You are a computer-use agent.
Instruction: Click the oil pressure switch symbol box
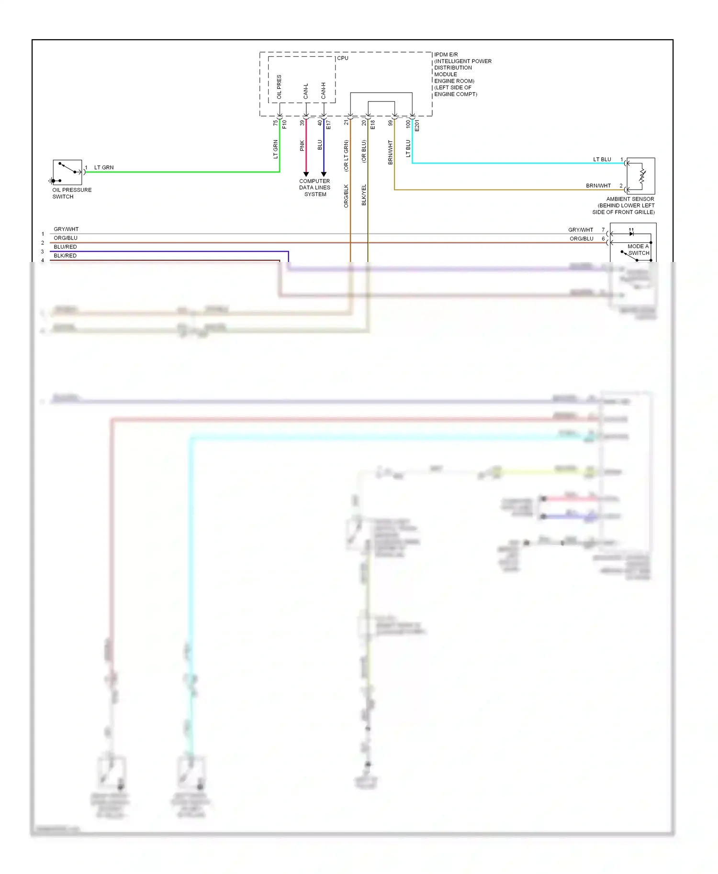point(67,172)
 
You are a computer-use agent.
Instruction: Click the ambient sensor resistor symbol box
point(640,176)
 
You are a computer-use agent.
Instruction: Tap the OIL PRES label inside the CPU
point(279,87)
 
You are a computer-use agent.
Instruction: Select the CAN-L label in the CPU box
point(306,91)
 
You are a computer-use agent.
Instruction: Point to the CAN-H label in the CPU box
point(324,91)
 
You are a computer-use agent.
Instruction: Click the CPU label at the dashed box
point(343,58)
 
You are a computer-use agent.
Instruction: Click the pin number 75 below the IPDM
point(275,123)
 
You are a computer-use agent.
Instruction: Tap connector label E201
point(417,126)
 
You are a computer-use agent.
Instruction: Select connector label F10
point(284,124)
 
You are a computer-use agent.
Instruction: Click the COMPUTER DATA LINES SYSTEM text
point(314,187)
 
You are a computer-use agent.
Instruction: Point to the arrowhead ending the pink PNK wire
point(306,174)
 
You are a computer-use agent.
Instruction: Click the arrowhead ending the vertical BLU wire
point(324,174)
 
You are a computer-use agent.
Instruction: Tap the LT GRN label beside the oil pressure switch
point(104,167)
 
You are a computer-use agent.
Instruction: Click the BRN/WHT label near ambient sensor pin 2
point(598,186)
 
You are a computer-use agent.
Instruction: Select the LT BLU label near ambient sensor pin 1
point(602,159)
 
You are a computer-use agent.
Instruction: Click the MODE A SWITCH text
point(639,250)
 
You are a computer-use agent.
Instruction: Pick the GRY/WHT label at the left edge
point(66,229)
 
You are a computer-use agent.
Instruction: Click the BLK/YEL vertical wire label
point(364,195)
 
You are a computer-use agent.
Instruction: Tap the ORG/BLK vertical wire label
point(346,196)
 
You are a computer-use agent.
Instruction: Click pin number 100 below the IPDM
point(408,124)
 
